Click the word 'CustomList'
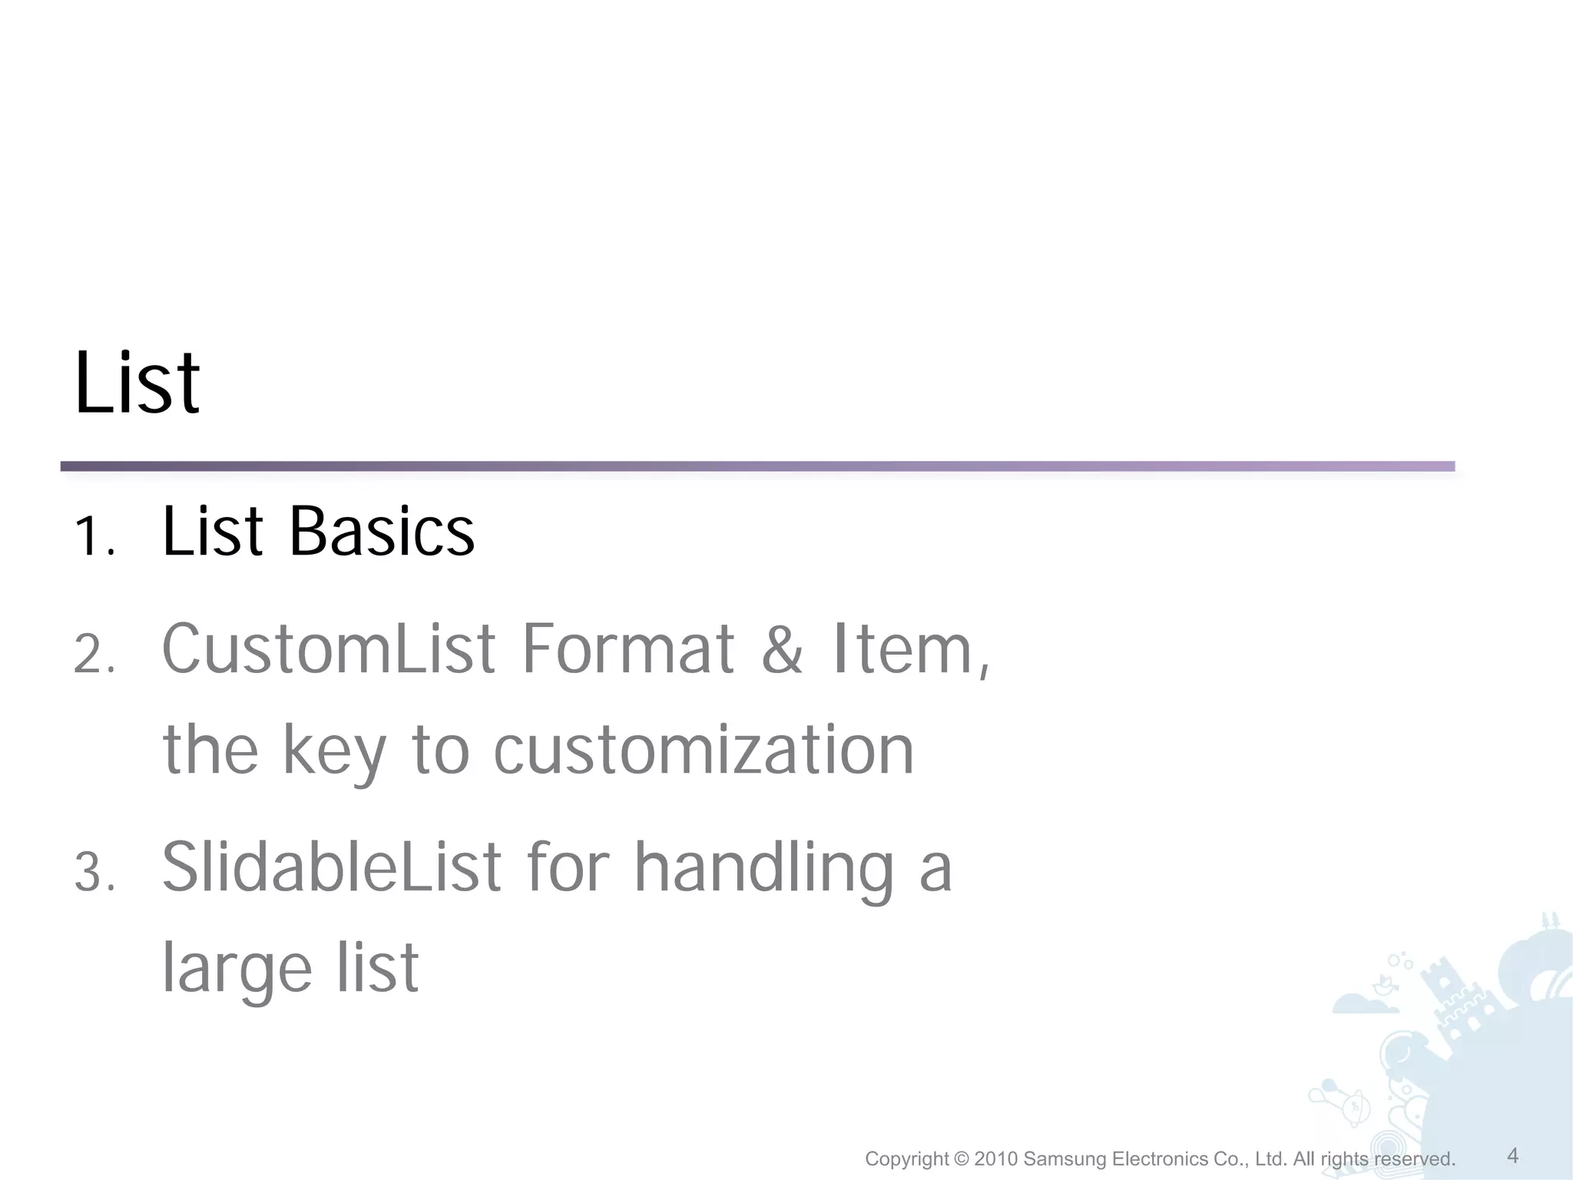coord(329,650)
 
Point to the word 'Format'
coord(628,650)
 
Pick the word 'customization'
coord(704,751)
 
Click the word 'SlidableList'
coord(331,868)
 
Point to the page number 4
coord(1512,1155)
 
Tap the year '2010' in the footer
coord(996,1159)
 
